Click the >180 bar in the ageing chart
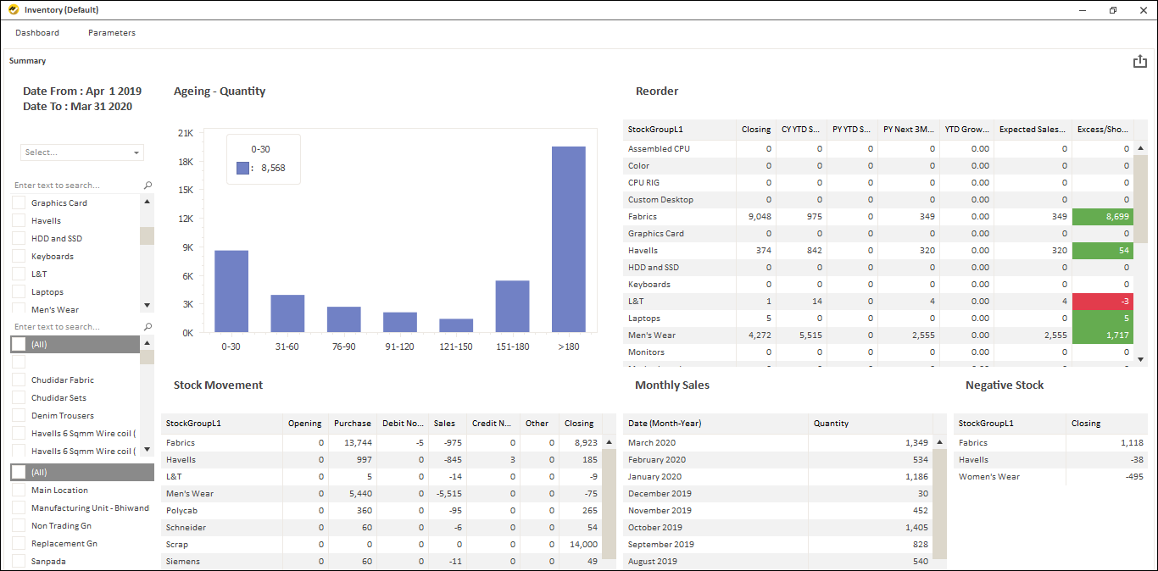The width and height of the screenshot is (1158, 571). click(x=568, y=239)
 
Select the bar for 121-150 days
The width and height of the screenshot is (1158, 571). click(x=456, y=325)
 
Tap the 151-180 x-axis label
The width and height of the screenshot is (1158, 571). click(x=512, y=346)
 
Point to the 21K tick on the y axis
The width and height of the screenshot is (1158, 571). click(x=186, y=133)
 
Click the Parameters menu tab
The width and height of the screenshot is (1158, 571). click(x=111, y=33)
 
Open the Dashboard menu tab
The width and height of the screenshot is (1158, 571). click(x=37, y=33)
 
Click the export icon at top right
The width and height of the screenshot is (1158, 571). click(x=1139, y=62)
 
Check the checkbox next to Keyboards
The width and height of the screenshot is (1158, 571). click(x=19, y=256)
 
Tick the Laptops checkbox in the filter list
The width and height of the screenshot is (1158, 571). click(x=19, y=291)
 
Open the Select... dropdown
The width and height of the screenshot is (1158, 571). click(x=82, y=152)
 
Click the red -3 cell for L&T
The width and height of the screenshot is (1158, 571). click(x=1103, y=302)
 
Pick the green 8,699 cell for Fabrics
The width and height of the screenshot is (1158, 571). click(x=1103, y=217)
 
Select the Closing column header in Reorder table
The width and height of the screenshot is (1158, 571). click(x=755, y=130)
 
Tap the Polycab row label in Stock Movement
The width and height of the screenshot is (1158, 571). click(x=182, y=511)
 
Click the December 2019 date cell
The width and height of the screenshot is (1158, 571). click(x=660, y=494)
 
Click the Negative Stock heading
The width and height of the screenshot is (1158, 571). click(x=1004, y=385)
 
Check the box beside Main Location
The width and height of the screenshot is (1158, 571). click(x=19, y=490)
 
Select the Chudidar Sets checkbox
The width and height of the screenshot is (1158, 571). click(x=19, y=397)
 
